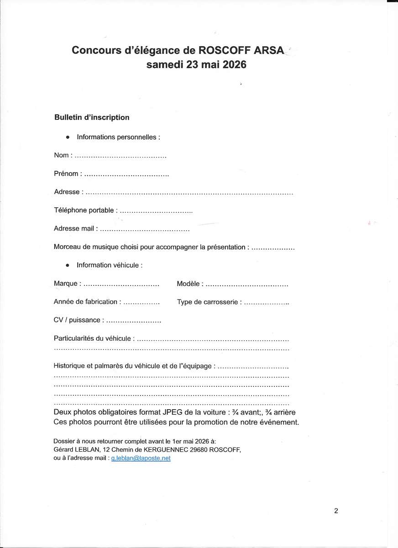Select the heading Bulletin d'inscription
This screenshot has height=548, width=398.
pyautogui.click(x=92, y=117)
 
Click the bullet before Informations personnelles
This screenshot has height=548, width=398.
pyautogui.click(x=68, y=137)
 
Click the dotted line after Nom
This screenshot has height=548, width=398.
pyautogui.click(x=120, y=156)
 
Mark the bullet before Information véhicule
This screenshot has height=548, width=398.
pyautogui.click(x=68, y=265)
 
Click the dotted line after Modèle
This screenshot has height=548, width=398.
pyautogui.click(x=246, y=285)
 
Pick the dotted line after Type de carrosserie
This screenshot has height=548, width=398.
pyautogui.click(x=267, y=303)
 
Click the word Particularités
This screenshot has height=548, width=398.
pyautogui.click(x=75, y=338)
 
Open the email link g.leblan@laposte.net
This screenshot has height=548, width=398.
pyautogui.click(x=141, y=458)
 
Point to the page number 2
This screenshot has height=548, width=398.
pyautogui.click(x=336, y=511)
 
